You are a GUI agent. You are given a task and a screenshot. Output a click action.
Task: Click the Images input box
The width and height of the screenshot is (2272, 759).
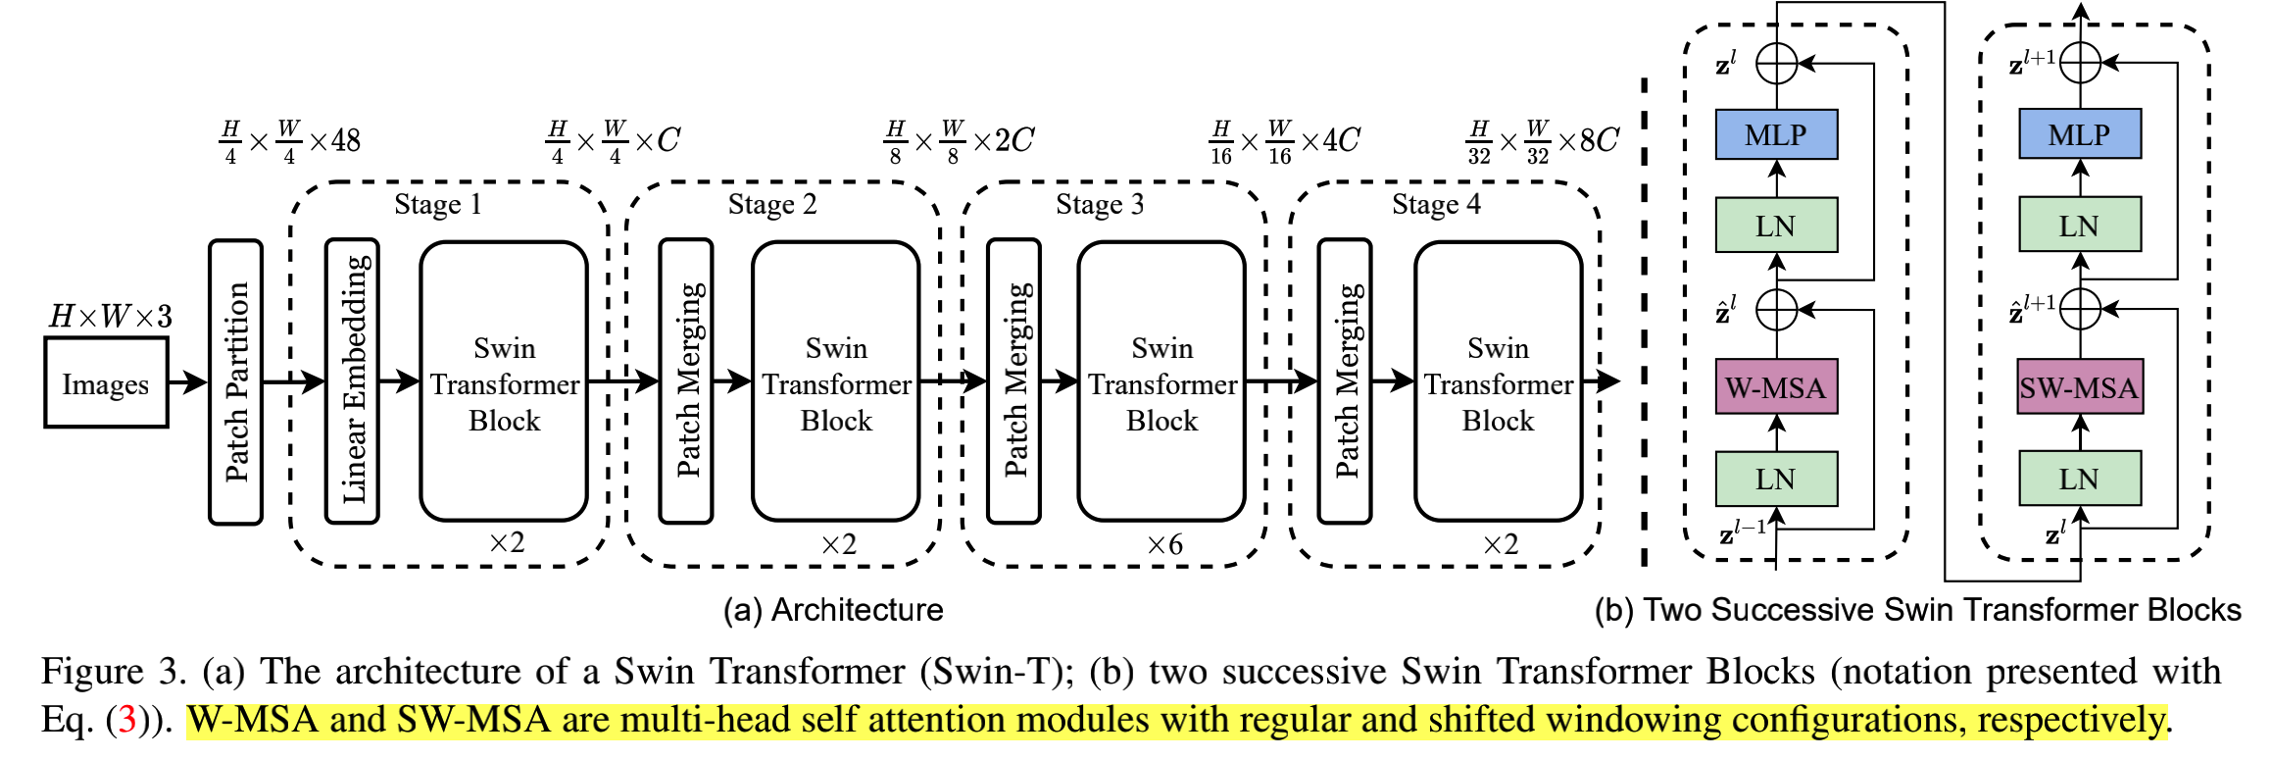click(x=106, y=383)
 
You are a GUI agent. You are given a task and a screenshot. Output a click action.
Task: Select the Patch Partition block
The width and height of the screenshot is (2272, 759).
click(x=235, y=382)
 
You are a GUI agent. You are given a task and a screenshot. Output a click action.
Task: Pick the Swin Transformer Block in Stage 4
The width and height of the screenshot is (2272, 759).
click(x=1498, y=382)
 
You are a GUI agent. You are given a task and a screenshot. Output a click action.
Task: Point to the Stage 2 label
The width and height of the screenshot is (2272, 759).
click(x=771, y=204)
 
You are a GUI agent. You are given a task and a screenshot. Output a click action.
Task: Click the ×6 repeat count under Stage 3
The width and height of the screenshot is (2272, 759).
click(x=1164, y=545)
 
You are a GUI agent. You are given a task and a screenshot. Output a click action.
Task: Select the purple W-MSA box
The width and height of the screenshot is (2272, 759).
click(x=1776, y=387)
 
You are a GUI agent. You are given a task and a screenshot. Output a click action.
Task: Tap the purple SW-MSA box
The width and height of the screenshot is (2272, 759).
click(x=2079, y=387)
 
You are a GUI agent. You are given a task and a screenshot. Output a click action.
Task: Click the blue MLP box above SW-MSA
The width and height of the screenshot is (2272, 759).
click(x=2079, y=134)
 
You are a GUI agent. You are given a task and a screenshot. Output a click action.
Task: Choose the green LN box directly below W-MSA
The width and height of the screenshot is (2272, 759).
click(x=1776, y=480)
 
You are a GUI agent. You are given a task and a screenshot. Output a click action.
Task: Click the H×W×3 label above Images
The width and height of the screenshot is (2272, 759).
click(x=111, y=316)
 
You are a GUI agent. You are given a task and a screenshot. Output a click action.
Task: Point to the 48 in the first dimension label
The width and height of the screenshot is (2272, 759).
click(x=346, y=141)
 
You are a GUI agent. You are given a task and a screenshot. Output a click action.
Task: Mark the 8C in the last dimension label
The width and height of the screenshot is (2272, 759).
click(x=1600, y=141)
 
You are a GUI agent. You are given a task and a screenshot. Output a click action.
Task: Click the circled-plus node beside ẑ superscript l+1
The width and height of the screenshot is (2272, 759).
click(x=2080, y=310)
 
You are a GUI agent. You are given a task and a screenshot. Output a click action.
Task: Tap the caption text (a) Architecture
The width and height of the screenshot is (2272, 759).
click(x=833, y=610)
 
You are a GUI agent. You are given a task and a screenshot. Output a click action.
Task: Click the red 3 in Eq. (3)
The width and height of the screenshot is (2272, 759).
click(x=126, y=721)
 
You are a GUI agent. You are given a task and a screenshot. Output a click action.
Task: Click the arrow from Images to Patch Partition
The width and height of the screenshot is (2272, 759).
click(x=187, y=382)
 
